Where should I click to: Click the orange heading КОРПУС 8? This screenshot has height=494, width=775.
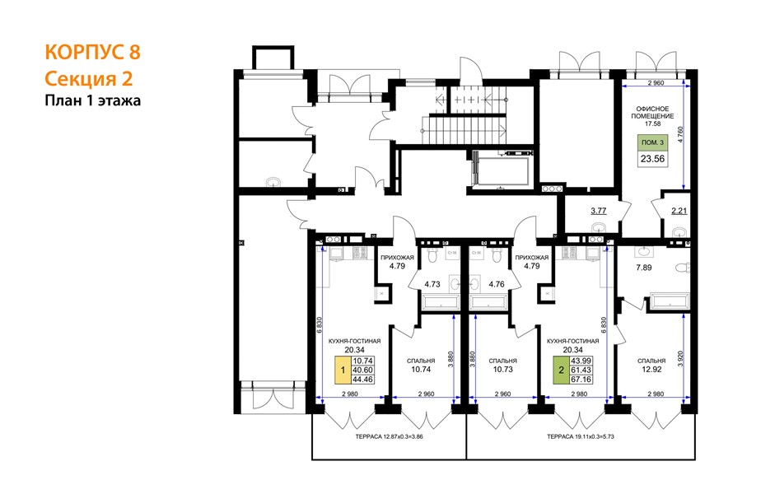(x=93, y=52)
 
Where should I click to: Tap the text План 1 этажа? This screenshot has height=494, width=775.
(x=93, y=100)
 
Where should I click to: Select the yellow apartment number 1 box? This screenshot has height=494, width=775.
(x=342, y=370)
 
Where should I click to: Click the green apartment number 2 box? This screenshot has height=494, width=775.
(x=561, y=370)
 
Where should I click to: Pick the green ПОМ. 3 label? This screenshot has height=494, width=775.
(x=652, y=142)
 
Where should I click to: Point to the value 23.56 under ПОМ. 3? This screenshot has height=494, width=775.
(x=652, y=159)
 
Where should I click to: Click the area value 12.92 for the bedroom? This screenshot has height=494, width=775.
(x=651, y=369)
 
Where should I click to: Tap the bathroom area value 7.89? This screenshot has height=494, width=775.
(x=643, y=268)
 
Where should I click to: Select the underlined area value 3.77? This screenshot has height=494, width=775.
(x=599, y=211)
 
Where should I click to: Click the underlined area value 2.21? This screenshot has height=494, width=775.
(x=679, y=211)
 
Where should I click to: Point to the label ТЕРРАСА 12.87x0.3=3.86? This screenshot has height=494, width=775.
(x=389, y=436)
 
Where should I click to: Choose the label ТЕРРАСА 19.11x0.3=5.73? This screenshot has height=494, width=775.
(x=581, y=436)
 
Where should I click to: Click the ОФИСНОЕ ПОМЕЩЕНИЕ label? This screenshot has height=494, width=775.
(x=652, y=112)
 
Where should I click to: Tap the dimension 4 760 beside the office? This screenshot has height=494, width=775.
(x=680, y=135)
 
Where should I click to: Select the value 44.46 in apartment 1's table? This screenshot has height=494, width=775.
(x=362, y=380)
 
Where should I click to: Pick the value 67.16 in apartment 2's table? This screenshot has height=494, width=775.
(x=581, y=380)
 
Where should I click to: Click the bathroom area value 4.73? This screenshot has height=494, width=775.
(x=432, y=284)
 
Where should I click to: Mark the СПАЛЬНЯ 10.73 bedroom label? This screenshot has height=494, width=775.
(x=502, y=365)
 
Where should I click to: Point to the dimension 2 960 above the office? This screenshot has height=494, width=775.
(x=656, y=83)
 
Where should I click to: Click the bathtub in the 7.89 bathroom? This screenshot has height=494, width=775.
(x=670, y=301)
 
